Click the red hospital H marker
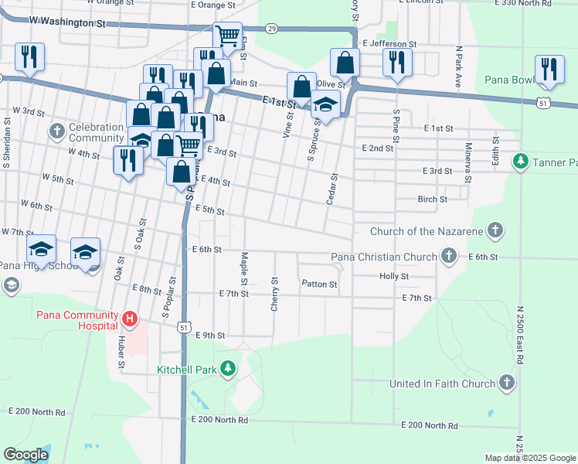click(130, 318)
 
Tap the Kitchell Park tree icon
click(227, 369)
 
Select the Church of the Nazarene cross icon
click(495, 230)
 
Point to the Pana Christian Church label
click(384, 257)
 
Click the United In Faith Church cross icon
click(506, 383)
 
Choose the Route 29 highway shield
click(270, 29)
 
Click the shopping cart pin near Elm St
click(227, 36)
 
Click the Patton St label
click(319, 285)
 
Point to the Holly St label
click(394, 276)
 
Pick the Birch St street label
click(432, 200)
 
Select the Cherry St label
click(274, 294)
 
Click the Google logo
click(25, 455)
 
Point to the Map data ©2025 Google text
click(529, 458)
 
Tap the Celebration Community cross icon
click(56, 131)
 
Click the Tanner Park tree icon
click(521, 162)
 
